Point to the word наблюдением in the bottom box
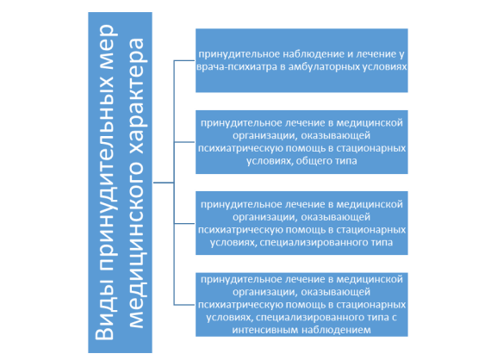click(x=336, y=330)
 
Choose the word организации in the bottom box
click(x=265, y=292)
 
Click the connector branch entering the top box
click(x=184, y=60)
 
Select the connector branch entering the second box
click(x=184, y=142)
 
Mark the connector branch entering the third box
click(x=184, y=223)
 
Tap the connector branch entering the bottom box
click(x=184, y=305)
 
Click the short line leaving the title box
click(x=164, y=183)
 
